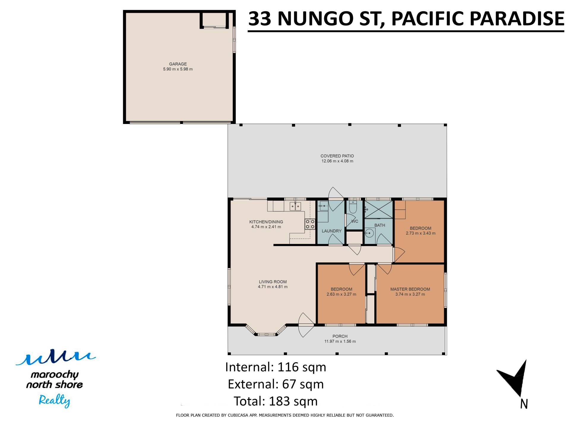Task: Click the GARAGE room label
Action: click(x=178, y=64)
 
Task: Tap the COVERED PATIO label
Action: click(x=337, y=156)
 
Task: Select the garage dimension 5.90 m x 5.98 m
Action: click(x=178, y=69)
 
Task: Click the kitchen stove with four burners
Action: click(x=310, y=224)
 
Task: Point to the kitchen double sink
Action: click(x=295, y=206)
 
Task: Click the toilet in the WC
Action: click(x=353, y=207)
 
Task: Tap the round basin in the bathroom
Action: click(x=369, y=233)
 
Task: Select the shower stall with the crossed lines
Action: click(x=379, y=209)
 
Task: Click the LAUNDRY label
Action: click(x=332, y=231)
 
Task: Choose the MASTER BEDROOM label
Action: click(x=410, y=289)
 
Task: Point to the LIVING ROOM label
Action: click(x=273, y=282)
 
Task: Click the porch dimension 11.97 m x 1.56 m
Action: click(x=340, y=341)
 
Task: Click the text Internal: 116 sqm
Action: click(x=275, y=367)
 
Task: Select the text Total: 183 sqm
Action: click(x=275, y=401)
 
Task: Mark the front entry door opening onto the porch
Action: click(x=306, y=325)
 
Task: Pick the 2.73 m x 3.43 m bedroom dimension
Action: click(x=420, y=233)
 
